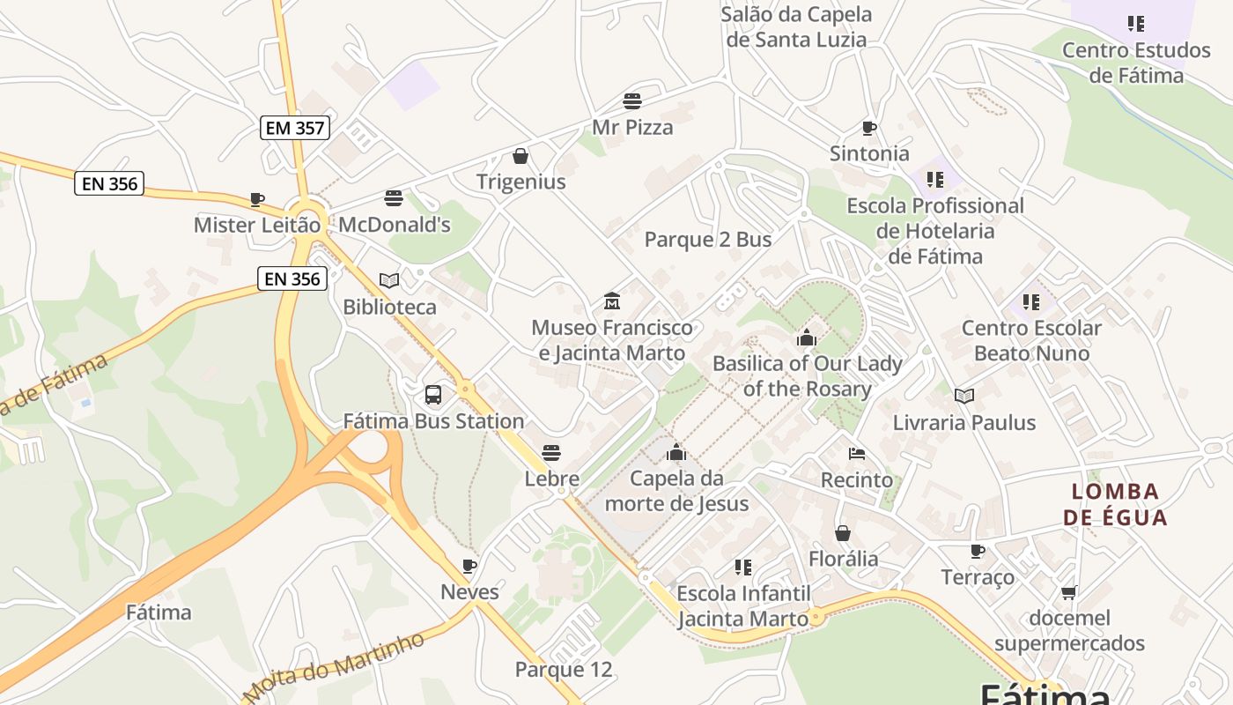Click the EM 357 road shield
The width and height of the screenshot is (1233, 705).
[x=295, y=128]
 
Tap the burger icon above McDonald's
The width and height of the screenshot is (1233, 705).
[x=394, y=198]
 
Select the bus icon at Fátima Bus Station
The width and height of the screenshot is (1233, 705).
[x=433, y=395]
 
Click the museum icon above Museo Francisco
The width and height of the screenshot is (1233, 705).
[x=612, y=301]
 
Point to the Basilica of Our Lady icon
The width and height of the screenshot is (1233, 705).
[x=806, y=338]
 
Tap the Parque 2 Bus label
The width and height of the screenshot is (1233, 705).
[x=708, y=240]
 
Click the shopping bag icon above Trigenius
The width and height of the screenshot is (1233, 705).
[x=521, y=157]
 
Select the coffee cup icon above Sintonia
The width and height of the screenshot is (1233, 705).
[x=869, y=129]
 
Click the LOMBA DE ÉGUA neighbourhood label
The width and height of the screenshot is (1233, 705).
[x=1115, y=504]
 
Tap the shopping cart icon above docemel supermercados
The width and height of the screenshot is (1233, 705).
[x=1069, y=592]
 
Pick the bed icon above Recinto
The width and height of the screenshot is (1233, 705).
[x=856, y=454]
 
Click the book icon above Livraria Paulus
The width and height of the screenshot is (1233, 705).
[x=964, y=397]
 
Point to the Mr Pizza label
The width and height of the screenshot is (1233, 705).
[x=632, y=127]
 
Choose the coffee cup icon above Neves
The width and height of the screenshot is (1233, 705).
[x=469, y=566]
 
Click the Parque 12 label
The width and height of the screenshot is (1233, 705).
[x=563, y=670]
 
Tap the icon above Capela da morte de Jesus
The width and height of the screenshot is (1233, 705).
[x=676, y=453]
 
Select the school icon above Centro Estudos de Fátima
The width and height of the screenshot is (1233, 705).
[x=1136, y=24]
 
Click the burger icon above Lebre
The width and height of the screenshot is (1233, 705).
[x=551, y=453]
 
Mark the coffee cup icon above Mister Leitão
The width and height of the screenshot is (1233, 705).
[x=257, y=199]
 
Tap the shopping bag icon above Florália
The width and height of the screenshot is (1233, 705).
[x=843, y=533]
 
